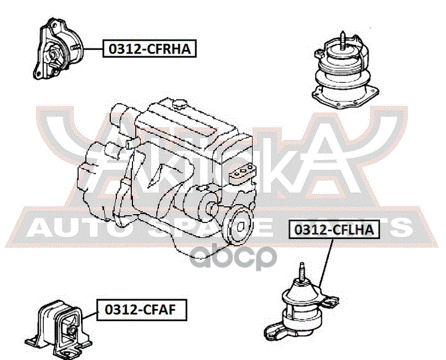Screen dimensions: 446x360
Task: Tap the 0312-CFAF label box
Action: coord(141,310)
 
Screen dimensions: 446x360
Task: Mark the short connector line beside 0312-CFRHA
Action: coord(94,48)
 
